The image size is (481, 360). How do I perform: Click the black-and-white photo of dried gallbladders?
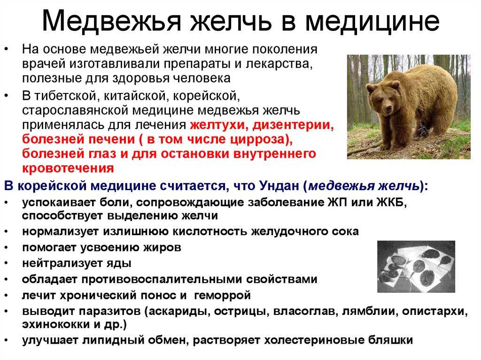[416, 266]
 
